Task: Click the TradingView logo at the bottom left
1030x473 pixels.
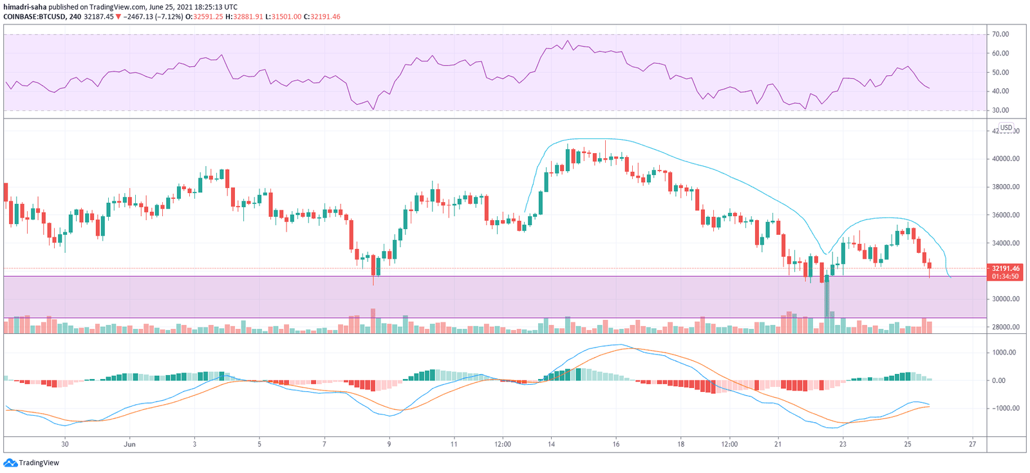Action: coord(32,463)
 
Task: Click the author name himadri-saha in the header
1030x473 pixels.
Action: coord(25,7)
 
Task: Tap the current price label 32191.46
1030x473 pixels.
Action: coord(1006,268)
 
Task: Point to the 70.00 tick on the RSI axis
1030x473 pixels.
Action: coord(1000,34)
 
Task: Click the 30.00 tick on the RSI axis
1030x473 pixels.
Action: coord(1000,110)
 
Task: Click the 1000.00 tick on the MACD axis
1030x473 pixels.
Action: coord(1004,352)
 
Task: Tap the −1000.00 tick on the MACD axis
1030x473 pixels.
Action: coord(1002,408)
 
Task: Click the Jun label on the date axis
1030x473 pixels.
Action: coord(130,444)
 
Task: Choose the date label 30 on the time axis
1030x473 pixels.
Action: coord(64,444)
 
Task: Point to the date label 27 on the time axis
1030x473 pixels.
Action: coord(973,444)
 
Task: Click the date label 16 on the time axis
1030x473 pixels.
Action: coord(616,444)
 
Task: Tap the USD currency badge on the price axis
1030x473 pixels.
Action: coord(1006,127)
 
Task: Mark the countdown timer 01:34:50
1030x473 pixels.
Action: coord(1006,276)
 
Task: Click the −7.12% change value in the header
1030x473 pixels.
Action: coord(169,17)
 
